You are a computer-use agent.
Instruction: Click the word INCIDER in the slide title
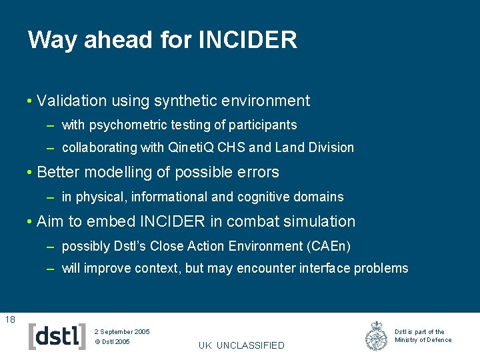pyautogui.click(x=247, y=41)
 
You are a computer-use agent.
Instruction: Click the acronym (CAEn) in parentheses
pyautogui.click(x=329, y=246)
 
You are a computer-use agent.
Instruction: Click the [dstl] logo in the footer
pyautogui.click(x=57, y=336)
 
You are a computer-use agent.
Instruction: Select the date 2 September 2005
pyautogui.click(x=122, y=331)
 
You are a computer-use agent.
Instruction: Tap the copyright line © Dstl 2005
pyautogui.click(x=112, y=342)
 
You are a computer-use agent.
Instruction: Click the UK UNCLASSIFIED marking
pyautogui.click(x=241, y=345)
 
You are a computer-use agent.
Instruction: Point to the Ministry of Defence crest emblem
pyautogui.click(x=377, y=336)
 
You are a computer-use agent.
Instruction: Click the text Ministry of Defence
pyautogui.click(x=423, y=340)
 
